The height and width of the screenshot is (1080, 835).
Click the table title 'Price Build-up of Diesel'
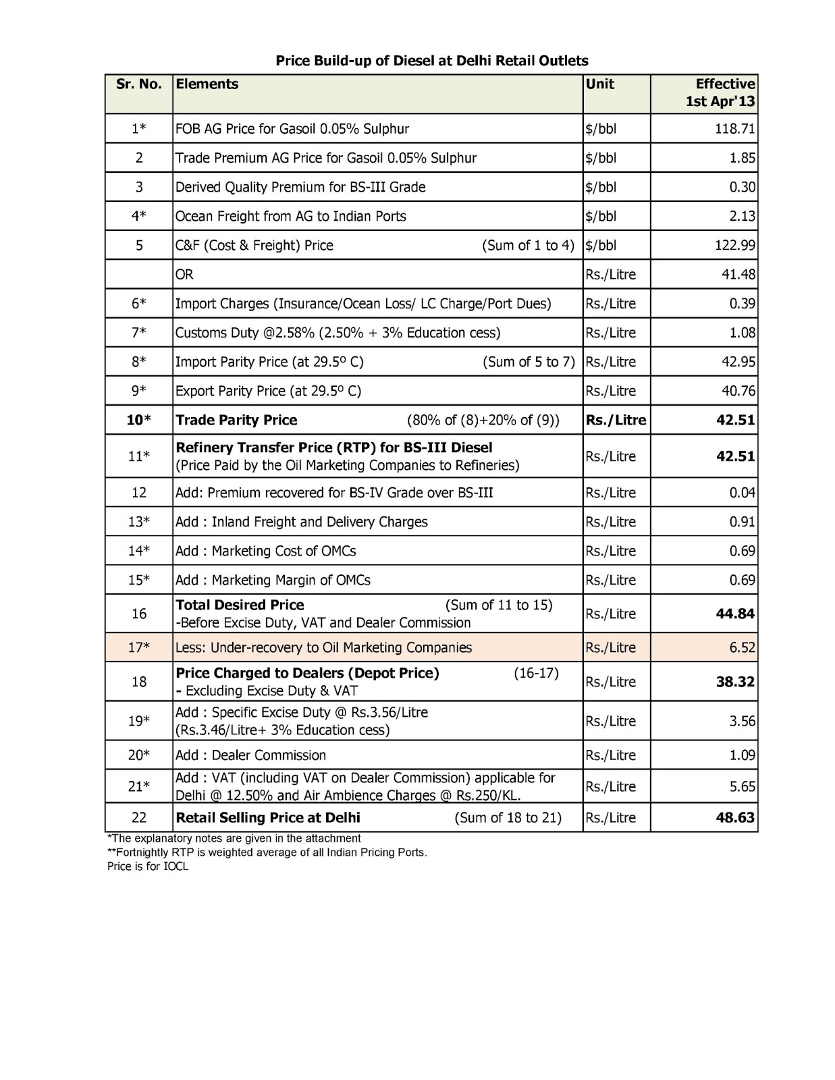(432, 61)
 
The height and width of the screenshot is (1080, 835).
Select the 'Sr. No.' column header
(138, 84)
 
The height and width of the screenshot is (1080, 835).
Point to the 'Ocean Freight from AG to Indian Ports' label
(291, 217)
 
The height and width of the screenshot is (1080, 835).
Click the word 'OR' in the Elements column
(184, 275)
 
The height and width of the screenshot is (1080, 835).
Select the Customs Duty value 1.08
(742, 333)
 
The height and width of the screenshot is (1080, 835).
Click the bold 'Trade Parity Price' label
(236, 421)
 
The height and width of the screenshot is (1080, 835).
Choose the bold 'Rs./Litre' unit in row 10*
(616, 421)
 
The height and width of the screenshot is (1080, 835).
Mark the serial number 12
(139, 493)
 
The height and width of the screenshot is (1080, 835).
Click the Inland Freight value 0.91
(742, 522)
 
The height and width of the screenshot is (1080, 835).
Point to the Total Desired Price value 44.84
(735, 614)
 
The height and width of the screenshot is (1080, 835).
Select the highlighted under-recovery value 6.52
(742, 648)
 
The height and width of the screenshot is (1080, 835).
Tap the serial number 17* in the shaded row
(139, 648)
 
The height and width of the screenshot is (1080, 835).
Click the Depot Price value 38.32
(735, 682)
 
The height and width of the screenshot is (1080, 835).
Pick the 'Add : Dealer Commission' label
(250, 755)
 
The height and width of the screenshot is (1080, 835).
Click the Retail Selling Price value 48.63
(735, 818)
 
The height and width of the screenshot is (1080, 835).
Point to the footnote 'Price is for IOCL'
(148, 867)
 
